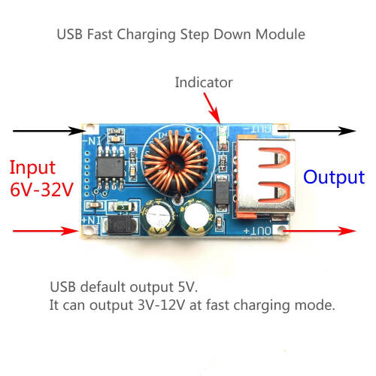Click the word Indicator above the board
coord(203,82)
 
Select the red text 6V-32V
coord(41,190)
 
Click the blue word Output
coord(333,177)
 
